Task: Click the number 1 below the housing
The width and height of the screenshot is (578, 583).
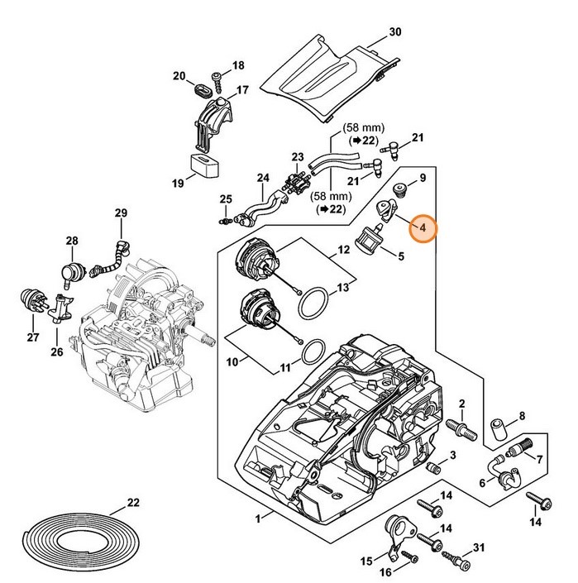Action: (x=258, y=518)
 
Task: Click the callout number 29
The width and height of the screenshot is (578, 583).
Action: (x=122, y=214)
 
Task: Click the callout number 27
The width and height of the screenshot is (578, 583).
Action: (x=33, y=337)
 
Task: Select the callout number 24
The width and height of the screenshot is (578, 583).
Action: (x=263, y=177)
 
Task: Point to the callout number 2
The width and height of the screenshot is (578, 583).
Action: (x=462, y=403)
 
